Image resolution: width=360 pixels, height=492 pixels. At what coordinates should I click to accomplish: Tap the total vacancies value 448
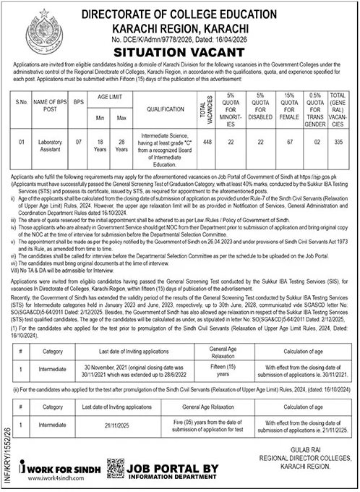click(x=205, y=143)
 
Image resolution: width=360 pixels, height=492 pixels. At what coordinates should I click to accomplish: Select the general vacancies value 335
click(x=338, y=143)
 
